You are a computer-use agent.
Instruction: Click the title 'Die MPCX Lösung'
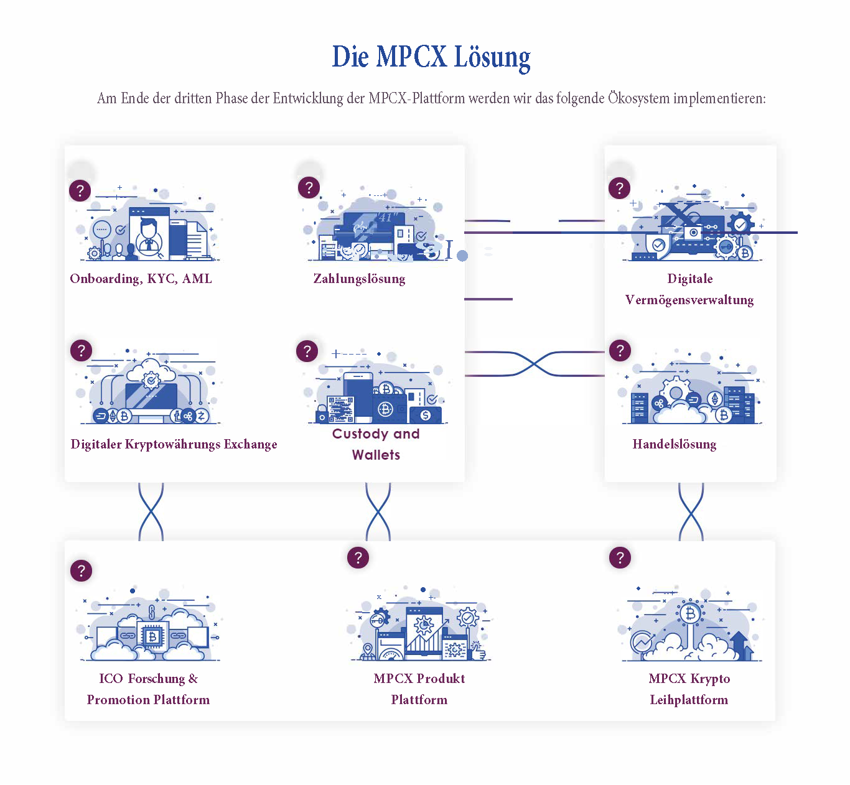click(431, 57)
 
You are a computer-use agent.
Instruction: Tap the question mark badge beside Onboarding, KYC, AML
click(80, 190)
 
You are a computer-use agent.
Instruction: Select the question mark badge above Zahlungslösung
click(309, 187)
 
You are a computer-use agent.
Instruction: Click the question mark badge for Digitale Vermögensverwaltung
click(619, 188)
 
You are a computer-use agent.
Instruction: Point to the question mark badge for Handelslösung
click(620, 351)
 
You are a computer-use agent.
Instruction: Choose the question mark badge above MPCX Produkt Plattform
click(358, 557)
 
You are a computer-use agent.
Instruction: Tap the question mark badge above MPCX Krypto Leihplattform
click(620, 557)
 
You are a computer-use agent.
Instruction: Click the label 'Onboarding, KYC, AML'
click(141, 279)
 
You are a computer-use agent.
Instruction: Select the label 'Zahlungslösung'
click(359, 279)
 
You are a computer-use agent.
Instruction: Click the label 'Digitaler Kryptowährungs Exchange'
click(174, 444)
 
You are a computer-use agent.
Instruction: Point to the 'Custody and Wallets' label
click(376, 444)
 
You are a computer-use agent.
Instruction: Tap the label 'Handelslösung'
click(674, 444)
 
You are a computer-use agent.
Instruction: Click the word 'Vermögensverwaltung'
click(689, 300)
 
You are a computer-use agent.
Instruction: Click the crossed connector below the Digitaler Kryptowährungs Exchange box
click(151, 511)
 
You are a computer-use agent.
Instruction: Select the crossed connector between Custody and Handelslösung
click(535, 364)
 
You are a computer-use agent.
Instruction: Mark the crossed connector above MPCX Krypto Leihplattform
click(691, 511)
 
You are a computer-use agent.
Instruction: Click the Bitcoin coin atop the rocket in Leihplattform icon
click(690, 614)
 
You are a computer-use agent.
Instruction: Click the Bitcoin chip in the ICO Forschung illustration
click(152, 637)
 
